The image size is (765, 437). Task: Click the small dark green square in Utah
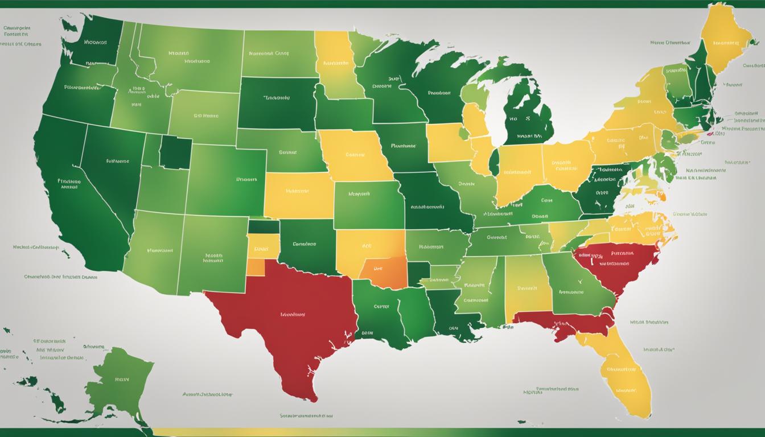[175, 152]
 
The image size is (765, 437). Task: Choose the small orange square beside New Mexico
[257, 267]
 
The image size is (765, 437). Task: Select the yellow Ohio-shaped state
[566, 165]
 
